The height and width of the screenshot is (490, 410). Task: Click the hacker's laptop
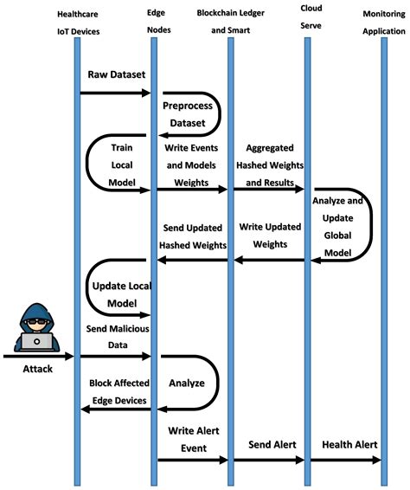pos(36,343)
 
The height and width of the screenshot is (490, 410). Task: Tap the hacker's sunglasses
pos(36,321)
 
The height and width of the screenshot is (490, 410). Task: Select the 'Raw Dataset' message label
pos(115,74)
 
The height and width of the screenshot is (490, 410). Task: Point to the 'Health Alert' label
pos(349,444)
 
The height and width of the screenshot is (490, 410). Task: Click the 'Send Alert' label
pos(272,444)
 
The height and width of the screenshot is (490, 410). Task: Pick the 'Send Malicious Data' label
pos(116,336)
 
